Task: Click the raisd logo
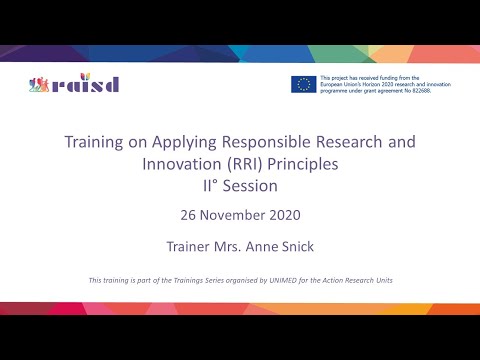(x=74, y=83)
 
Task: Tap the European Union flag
(x=303, y=84)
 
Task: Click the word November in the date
(x=234, y=214)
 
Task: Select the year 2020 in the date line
(x=284, y=214)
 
